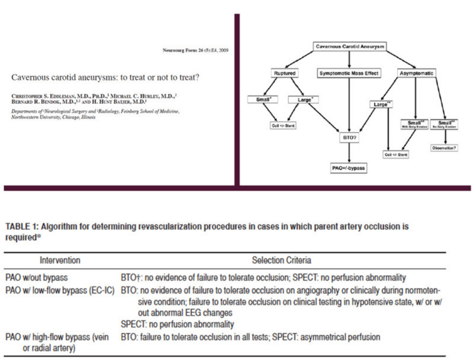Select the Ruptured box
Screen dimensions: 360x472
[285, 74]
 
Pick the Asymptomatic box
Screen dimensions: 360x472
[415, 74]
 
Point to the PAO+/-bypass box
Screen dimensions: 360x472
[348, 167]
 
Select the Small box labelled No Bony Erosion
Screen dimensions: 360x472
[444, 124]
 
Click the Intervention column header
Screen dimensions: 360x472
[60, 260]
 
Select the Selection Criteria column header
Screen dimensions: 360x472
[282, 260]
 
